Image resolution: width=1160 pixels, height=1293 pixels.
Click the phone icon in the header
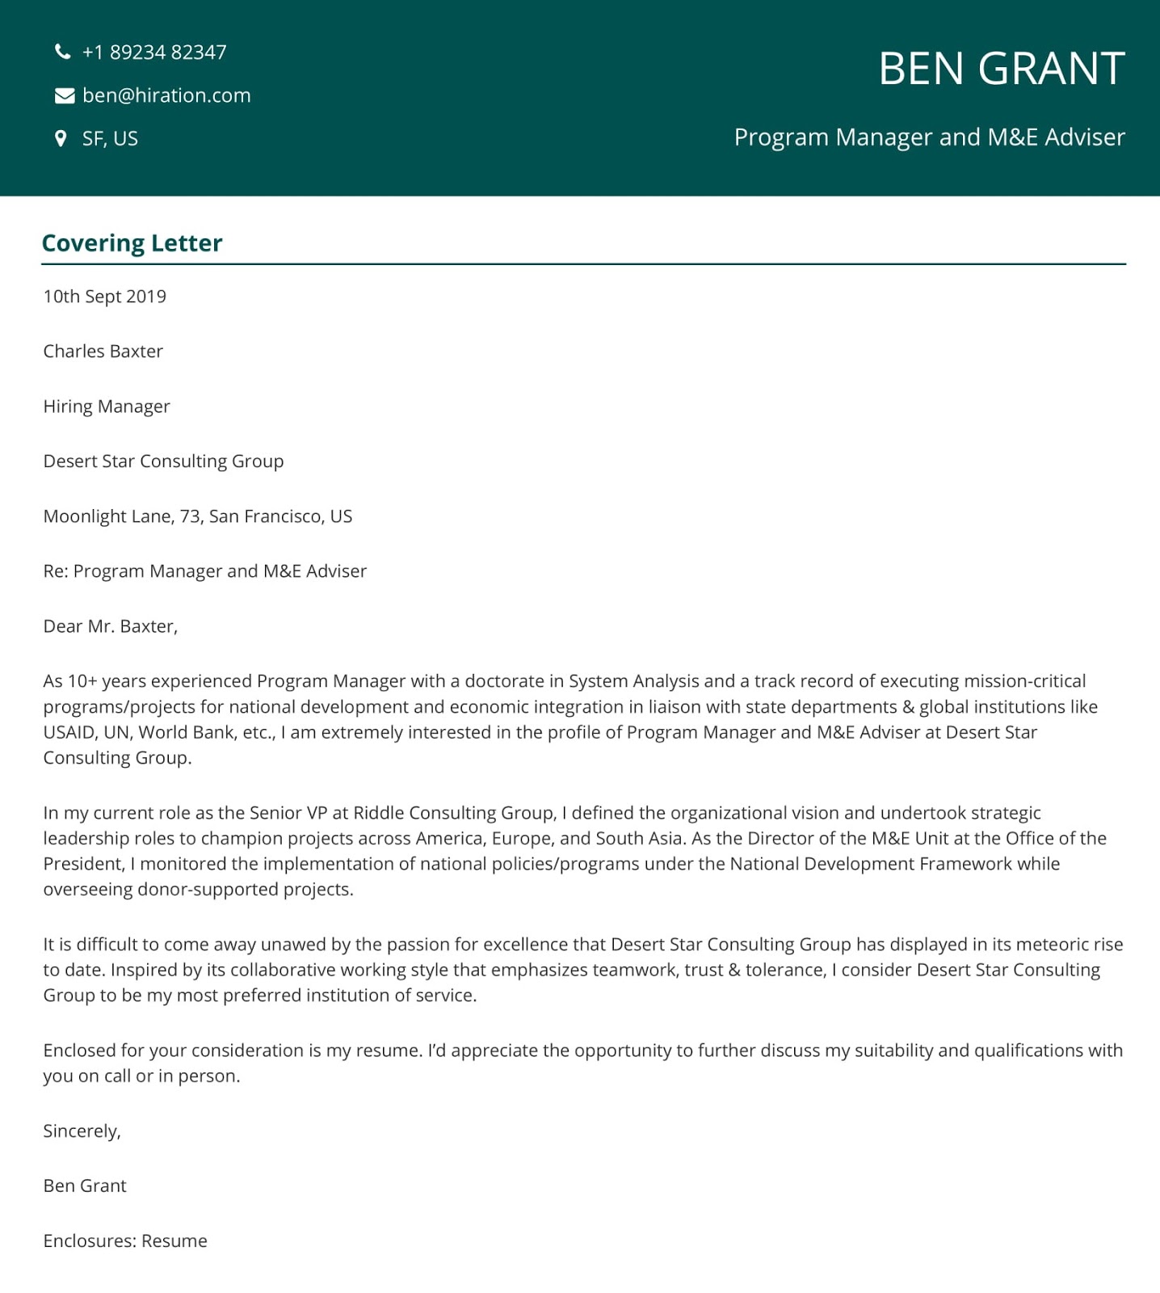coord(62,53)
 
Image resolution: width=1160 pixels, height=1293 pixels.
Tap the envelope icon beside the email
coord(64,96)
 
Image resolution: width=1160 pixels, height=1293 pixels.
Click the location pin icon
coord(61,139)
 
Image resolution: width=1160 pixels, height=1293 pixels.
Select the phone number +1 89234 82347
coord(154,53)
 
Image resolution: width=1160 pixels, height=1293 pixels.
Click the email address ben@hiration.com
coord(166,95)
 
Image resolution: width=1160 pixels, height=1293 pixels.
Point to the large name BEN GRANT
coord(1001,69)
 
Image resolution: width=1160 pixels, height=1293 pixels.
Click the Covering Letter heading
coord(132,243)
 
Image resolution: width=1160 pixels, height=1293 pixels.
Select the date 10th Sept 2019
coord(104,297)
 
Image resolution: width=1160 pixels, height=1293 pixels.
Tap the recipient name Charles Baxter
coord(103,352)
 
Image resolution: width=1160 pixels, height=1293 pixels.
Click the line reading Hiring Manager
coord(107,406)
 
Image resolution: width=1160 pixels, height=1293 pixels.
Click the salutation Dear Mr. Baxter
coord(110,626)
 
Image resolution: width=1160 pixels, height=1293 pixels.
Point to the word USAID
coord(68,733)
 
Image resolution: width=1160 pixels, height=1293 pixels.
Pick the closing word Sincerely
coord(82,1131)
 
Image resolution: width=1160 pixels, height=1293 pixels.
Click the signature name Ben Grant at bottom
coord(85,1186)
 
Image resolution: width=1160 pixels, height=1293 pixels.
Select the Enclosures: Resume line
coord(125,1241)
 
